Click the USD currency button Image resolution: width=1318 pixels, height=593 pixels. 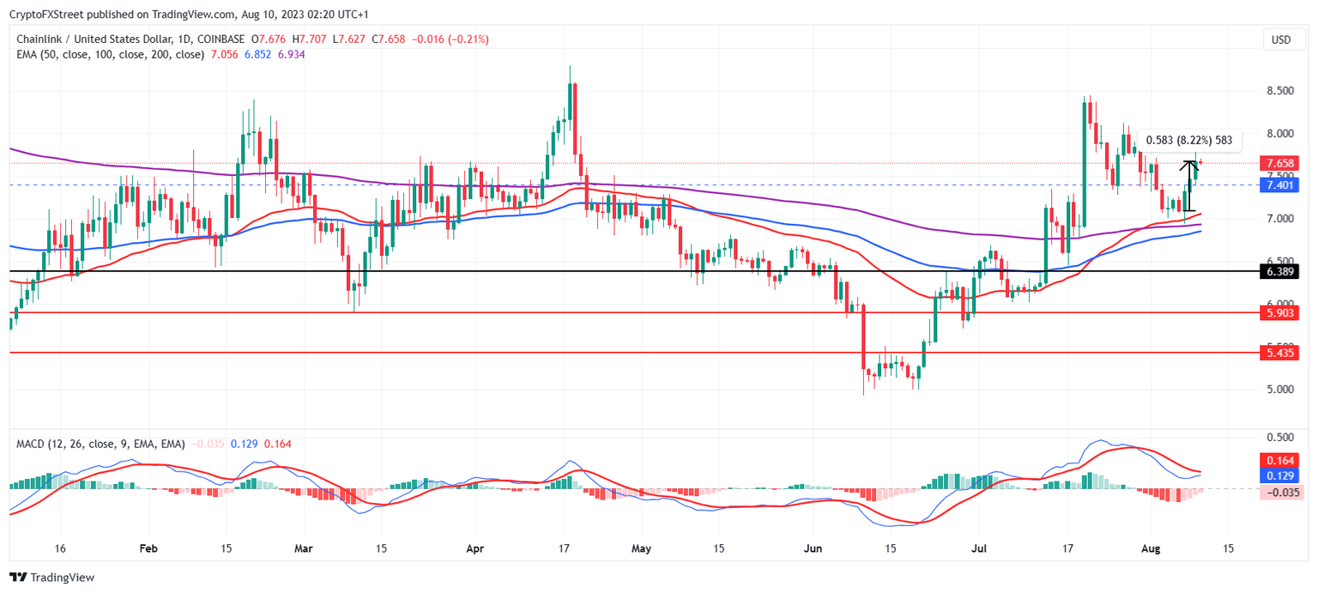1280,39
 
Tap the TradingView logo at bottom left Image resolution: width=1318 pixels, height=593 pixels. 51,578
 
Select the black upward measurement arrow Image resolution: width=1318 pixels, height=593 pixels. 1188,185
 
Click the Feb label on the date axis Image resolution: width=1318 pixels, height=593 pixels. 148,548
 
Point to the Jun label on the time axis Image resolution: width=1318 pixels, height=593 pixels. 815,548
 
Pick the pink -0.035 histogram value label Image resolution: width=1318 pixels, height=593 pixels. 1279,493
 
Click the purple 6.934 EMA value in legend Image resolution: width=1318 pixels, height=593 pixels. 292,54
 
